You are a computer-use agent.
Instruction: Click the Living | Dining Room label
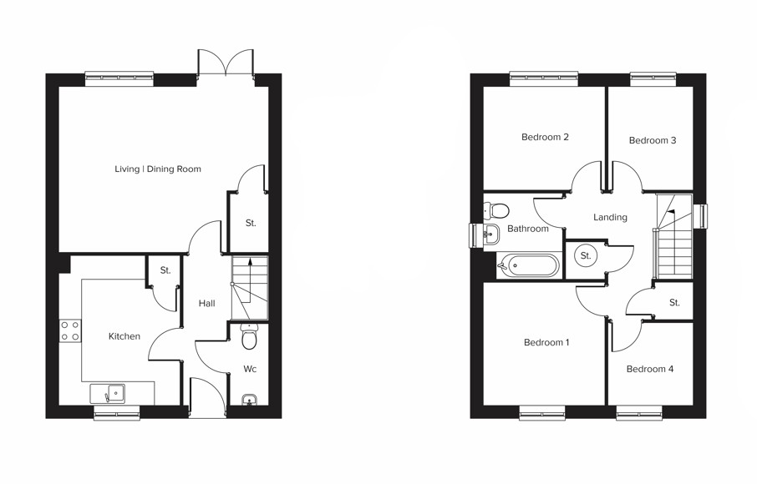(x=158, y=169)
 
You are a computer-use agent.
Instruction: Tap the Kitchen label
(x=124, y=336)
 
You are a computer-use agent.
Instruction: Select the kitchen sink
(x=109, y=393)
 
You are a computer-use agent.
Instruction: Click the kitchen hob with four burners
(x=70, y=330)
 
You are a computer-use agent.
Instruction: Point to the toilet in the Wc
(x=249, y=338)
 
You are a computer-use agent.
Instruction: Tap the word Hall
(x=207, y=304)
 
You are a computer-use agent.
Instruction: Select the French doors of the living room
(x=226, y=63)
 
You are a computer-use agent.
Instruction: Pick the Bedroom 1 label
(x=546, y=342)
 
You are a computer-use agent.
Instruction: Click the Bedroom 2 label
(x=545, y=137)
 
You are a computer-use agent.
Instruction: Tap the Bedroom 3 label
(x=653, y=140)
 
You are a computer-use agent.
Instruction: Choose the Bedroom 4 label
(x=650, y=369)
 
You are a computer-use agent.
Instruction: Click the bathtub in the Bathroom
(x=530, y=266)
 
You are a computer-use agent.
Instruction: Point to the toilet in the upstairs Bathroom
(x=498, y=209)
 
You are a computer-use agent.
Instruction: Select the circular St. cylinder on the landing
(x=586, y=256)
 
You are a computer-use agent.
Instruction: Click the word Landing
(x=610, y=217)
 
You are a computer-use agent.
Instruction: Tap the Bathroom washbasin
(x=490, y=234)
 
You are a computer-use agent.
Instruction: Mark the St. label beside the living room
(x=251, y=223)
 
